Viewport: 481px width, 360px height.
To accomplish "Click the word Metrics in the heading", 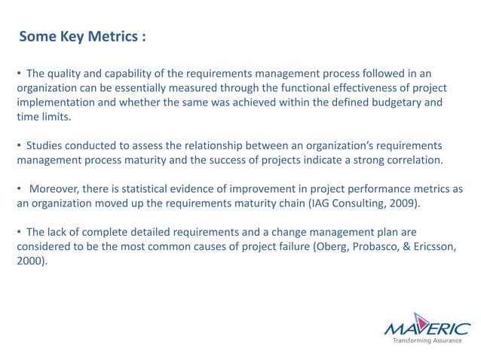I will (110, 37).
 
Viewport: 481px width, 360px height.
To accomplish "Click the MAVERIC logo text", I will (426, 328).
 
